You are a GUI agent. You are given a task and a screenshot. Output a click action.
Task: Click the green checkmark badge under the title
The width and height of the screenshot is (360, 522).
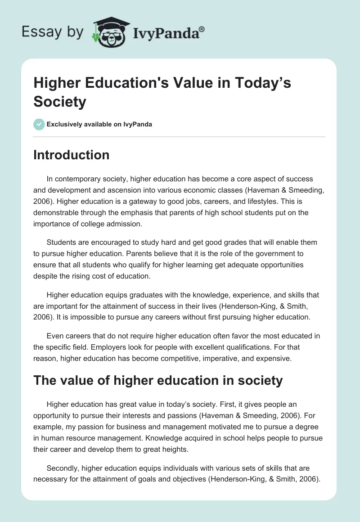[39, 124]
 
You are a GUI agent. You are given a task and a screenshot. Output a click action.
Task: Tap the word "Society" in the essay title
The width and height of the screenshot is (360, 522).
[60, 101]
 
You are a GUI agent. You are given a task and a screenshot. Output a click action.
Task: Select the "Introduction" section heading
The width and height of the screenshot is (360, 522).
[71, 155]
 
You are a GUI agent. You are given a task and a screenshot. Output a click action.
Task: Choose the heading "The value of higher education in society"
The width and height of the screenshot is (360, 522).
[158, 380]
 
